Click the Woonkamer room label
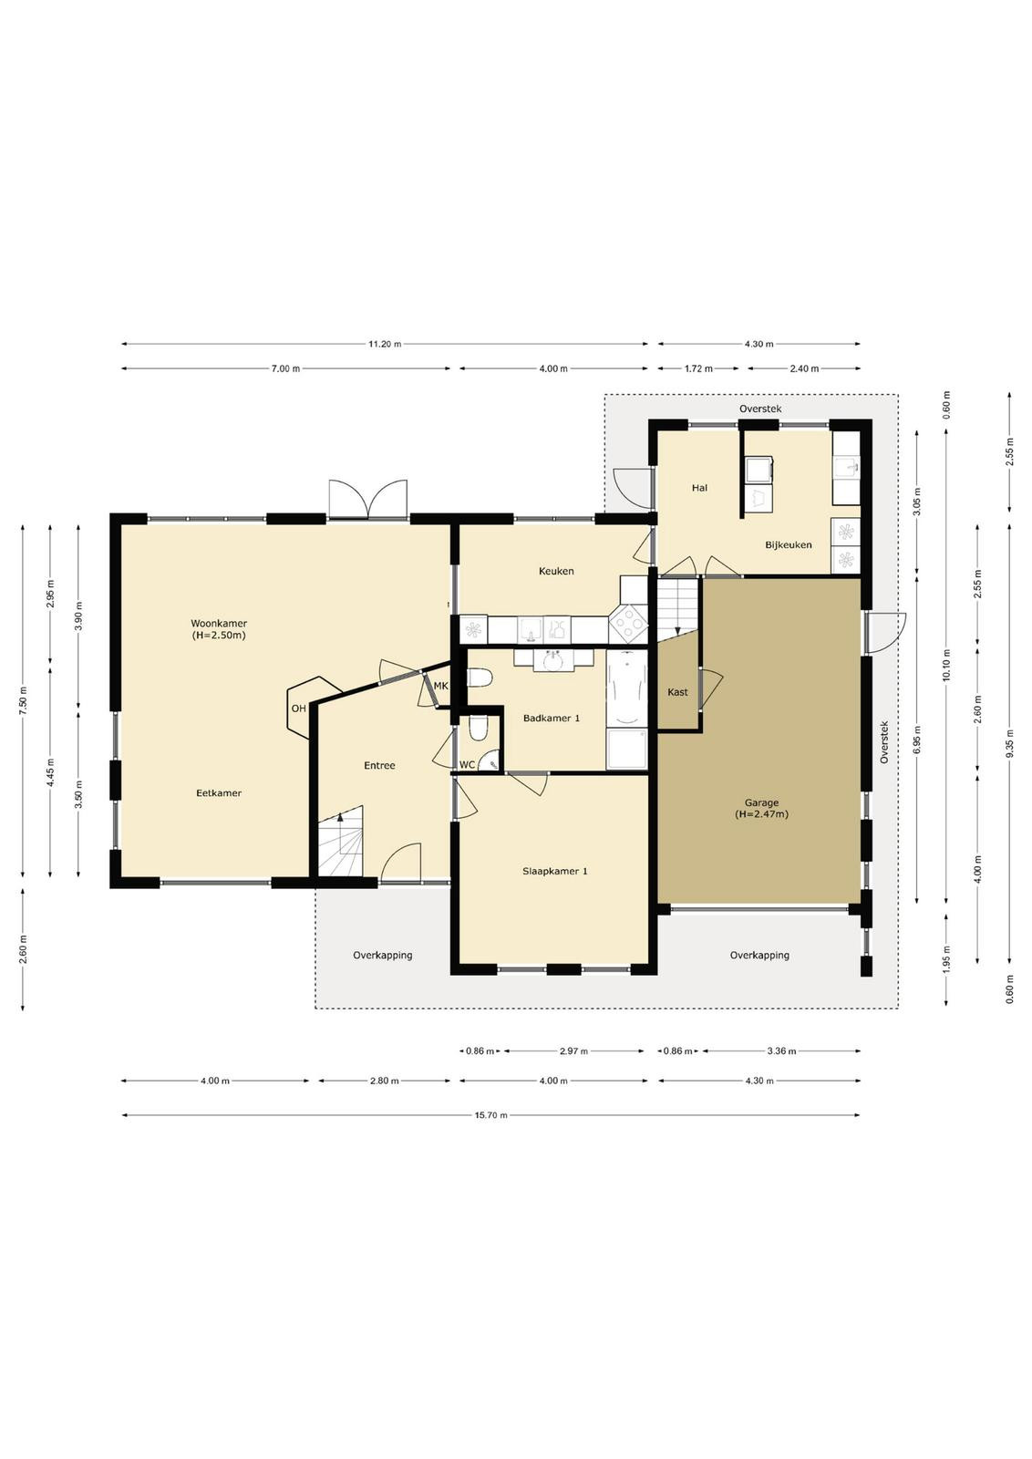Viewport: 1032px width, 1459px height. click(219, 624)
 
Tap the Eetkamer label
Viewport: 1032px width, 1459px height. click(219, 793)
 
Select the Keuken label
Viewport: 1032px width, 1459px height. click(556, 571)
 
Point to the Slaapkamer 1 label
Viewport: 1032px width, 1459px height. click(554, 871)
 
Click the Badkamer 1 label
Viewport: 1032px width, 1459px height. click(552, 719)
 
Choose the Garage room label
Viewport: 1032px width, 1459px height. click(761, 803)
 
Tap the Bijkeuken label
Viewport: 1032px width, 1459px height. click(789, 545)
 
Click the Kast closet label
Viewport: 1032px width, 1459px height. click(677, 692)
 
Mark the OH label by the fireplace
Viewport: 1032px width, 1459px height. click(298, 709)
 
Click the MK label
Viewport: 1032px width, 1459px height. click(441, 686)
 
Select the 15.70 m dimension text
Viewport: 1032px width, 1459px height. click(491, 1115)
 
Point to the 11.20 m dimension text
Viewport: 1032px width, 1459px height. click(384, 344)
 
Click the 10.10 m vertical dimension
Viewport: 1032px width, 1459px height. click(946, 665)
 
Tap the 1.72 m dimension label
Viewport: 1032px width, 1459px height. click(698, 368)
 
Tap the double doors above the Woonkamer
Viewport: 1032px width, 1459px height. click(368, 499)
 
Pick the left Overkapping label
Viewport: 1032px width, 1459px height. click(383, 956)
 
